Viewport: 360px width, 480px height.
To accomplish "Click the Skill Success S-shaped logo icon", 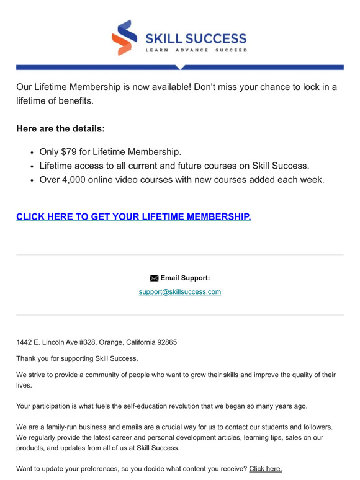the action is pyautogui.click(x=124, y=38).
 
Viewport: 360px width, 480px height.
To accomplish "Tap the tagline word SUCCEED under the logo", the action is pyautogui.click(x=231, y=50).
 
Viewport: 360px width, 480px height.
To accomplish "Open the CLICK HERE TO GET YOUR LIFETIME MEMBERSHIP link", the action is pyautogui.click(x=133, y=216).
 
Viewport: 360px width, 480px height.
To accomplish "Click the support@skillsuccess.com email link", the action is pyautogui.click(x=180, y=291).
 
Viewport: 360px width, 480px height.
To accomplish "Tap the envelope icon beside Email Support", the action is pyautogui.click(x=154, y=278).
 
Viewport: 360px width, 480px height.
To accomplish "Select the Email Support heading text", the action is pyautogui.click(x=185, y=278).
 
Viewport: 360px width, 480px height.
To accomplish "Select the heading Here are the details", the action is pyautogui.click(x=61, y=129).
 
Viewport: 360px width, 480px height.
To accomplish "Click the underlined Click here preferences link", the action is pyautogui.click(x=265, y=469).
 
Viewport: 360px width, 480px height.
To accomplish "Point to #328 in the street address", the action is pyautogui.click(x=84, y=342).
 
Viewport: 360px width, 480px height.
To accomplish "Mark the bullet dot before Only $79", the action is pyautogui.click(x=32, y=152).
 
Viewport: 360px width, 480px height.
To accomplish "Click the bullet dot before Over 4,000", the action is pyautogui.click(x=32, y=180).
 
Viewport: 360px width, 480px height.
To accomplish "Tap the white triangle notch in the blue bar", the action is pyautogui.click(x=179, y=67).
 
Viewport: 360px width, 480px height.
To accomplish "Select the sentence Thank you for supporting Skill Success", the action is pyautogui.click(x=77, y=358).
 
